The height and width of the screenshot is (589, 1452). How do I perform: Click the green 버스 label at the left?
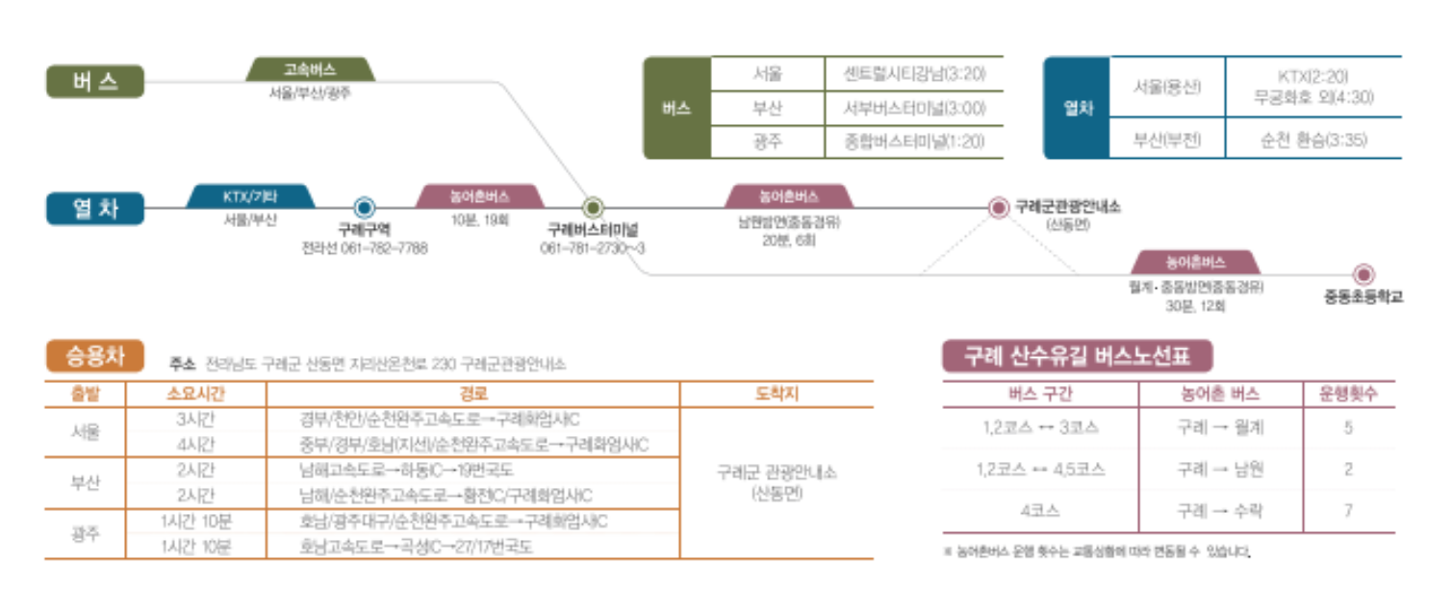pos(94,82)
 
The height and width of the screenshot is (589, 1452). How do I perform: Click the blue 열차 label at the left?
pos(94,208)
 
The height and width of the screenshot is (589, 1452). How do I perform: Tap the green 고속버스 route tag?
pos(310,69)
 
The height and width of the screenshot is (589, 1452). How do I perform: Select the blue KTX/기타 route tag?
pos(249,196)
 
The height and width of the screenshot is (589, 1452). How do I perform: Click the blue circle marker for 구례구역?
pos(363,207)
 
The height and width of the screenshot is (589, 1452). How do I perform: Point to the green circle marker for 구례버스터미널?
pos(593,207)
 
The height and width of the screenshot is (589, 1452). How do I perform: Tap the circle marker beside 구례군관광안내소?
pos(1000,207)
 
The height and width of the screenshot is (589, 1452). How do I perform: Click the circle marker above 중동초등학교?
pos(1363,274)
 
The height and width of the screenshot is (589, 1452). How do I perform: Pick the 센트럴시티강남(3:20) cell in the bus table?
pos(913,74)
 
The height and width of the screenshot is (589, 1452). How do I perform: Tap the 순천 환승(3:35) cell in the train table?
pos(1312,141)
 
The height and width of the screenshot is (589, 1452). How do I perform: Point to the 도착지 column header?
pos(777,395)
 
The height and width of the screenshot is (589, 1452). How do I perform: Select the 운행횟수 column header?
pos(1348,395)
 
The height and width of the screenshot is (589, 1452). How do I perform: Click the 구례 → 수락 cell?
pos(1220,511)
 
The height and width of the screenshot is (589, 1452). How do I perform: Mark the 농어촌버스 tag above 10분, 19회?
pos(479,196)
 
